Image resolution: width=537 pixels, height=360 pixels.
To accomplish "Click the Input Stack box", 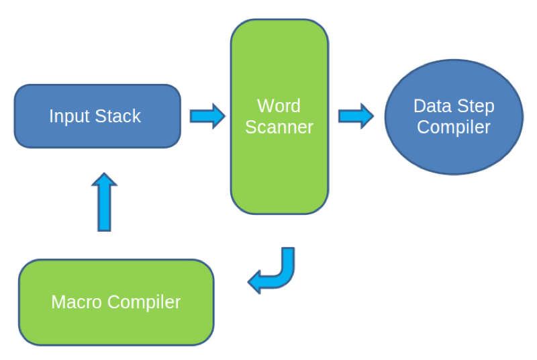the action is point(97,116).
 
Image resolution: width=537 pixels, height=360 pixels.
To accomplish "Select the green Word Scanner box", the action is point(279,117).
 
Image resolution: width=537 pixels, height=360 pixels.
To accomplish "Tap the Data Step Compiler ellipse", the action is point(454,117).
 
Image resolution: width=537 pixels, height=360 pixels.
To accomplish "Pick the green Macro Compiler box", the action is point(116,302).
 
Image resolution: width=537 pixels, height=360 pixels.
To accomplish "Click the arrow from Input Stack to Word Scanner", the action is point(207,116).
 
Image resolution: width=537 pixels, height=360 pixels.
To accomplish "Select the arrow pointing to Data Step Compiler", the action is point(356,116).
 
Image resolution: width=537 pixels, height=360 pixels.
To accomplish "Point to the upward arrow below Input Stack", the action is point(104,202).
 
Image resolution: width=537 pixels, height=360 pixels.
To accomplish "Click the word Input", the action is point(70,116).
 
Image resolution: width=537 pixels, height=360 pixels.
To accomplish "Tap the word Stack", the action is point(118,116).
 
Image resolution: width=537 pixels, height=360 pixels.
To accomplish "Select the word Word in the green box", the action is point(279,105).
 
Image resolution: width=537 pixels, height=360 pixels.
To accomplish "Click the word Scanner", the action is point(279,127).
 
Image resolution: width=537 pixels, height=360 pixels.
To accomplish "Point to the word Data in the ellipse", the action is point(433,106).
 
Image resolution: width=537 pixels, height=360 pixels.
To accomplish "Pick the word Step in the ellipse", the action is point(476,107).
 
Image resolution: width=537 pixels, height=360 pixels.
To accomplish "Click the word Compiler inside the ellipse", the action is point(454,128).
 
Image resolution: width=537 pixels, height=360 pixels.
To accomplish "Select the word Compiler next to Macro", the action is point(144,303).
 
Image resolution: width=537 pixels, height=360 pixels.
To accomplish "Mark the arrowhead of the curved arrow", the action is point(254,282).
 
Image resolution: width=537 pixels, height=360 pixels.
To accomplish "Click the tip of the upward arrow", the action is point(104,173).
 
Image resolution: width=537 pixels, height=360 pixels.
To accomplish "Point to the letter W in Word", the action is point(264,105).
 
